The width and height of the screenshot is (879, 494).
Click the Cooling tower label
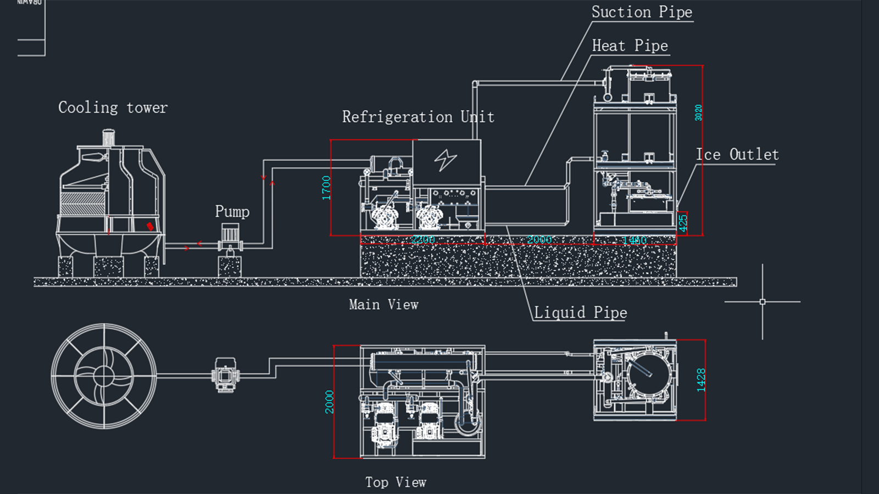113,108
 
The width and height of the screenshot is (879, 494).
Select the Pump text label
232,212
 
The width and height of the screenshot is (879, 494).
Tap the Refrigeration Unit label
418,117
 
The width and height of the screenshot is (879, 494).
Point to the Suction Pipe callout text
642,12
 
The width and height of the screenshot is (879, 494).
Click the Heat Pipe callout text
630,46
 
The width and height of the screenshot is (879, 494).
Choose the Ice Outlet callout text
737,155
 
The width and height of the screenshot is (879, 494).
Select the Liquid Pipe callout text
580,312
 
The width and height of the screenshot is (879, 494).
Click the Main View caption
383,305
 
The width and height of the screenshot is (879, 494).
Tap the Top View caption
396,482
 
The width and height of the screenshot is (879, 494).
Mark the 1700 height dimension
326,188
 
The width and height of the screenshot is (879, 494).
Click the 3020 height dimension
698,113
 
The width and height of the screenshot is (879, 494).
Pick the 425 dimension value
683,223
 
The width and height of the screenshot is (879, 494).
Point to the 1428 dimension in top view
701,380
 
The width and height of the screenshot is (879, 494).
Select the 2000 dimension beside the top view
329,402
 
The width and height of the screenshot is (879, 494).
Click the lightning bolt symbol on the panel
445,160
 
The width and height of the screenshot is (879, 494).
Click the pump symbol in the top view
225,375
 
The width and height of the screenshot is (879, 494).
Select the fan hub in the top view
104,376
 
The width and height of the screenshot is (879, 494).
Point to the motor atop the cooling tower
108,138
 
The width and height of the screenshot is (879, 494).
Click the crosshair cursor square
762,302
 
